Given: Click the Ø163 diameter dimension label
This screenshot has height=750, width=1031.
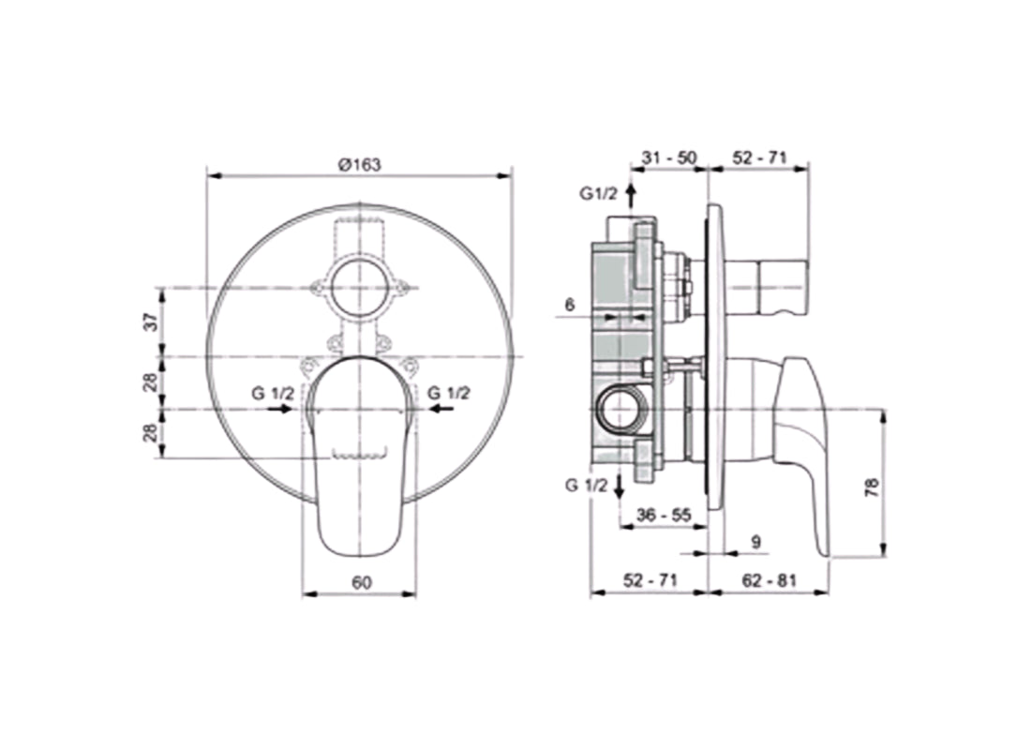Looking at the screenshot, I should (359, 163).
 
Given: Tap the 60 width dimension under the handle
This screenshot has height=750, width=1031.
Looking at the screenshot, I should (362, 582).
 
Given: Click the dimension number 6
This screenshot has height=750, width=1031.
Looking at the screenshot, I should (569, 304).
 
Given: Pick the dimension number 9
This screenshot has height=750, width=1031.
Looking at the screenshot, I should (755, 541).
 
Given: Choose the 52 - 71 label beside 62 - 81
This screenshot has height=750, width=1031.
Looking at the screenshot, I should (648, 580).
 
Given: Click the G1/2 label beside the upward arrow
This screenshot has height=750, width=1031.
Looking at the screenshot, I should (597, 194).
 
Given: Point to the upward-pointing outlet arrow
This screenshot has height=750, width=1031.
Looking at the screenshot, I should (631, 195).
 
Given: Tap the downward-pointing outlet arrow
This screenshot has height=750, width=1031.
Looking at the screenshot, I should (619, 487).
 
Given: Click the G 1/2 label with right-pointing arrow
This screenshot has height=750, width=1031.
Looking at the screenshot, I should (273, 394).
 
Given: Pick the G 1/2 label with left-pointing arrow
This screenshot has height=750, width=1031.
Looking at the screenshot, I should (449, 394).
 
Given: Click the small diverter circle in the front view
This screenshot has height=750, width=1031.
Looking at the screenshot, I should (360, 288).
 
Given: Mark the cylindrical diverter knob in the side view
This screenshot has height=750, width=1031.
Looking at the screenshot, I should (766, 287).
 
